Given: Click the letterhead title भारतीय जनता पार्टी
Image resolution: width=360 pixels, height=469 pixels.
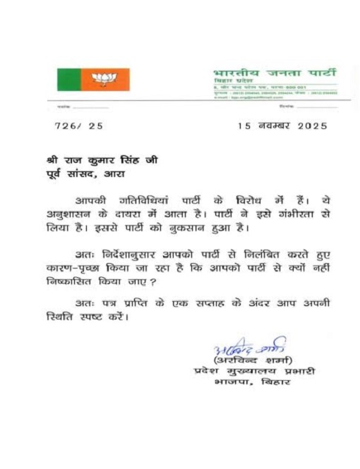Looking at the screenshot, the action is pos(275,73).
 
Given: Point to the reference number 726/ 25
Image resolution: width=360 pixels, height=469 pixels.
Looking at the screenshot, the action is pos(78,126).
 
